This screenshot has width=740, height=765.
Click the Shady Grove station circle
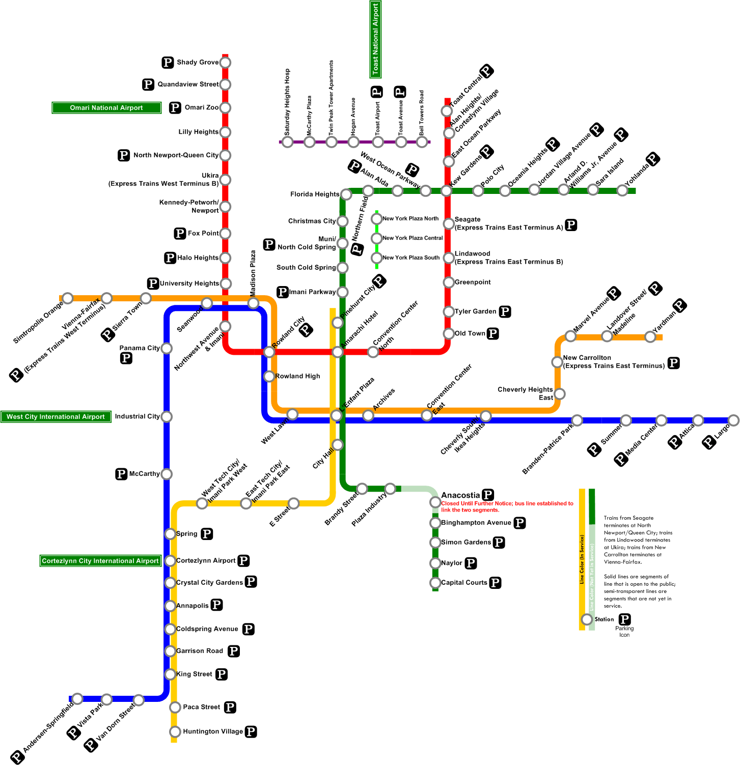225,63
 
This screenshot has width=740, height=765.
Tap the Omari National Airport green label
106,108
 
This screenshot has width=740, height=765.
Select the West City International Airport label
56,417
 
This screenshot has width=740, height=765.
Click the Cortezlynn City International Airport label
100,561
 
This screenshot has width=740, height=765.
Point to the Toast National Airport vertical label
375,39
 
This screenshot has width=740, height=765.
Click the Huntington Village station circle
175,731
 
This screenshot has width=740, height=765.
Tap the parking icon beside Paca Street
230,707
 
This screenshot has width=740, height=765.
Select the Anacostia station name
460,495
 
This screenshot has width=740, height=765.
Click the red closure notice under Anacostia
507,506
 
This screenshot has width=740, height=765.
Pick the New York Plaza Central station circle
376,238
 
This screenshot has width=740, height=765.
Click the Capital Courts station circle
435,583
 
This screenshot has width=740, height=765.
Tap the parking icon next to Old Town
492,333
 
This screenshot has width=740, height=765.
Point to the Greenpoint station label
473,282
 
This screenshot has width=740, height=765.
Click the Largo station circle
733,420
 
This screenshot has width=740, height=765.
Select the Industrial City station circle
167,416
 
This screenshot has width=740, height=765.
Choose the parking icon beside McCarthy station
121,474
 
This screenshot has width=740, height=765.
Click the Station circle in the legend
587,619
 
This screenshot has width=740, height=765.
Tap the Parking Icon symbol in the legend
624,619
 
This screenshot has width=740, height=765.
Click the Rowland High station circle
269,376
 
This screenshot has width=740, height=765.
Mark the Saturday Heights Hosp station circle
288,142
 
